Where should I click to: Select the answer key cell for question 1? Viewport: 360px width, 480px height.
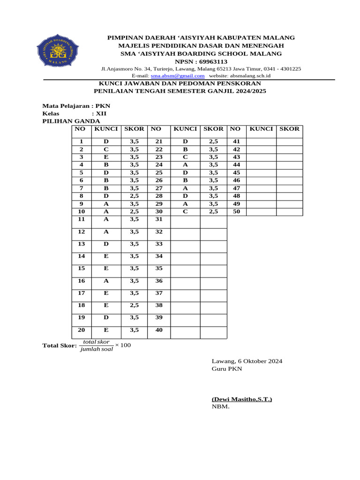pos(106,141)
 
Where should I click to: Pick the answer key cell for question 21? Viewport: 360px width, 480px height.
pos(185,141)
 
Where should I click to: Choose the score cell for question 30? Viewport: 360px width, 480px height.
pos(213,211)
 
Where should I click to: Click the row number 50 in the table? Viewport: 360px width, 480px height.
pos(236,211)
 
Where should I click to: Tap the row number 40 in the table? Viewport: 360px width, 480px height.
pos(159,330)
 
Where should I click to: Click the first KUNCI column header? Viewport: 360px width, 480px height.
pos(106,128)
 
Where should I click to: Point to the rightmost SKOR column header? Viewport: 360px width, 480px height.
pos(289,128)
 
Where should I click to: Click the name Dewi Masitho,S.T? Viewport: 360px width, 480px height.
pos(241,399)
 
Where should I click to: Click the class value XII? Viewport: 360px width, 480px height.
pos(101,113)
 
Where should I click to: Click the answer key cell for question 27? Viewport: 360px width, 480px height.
pos(185,188)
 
